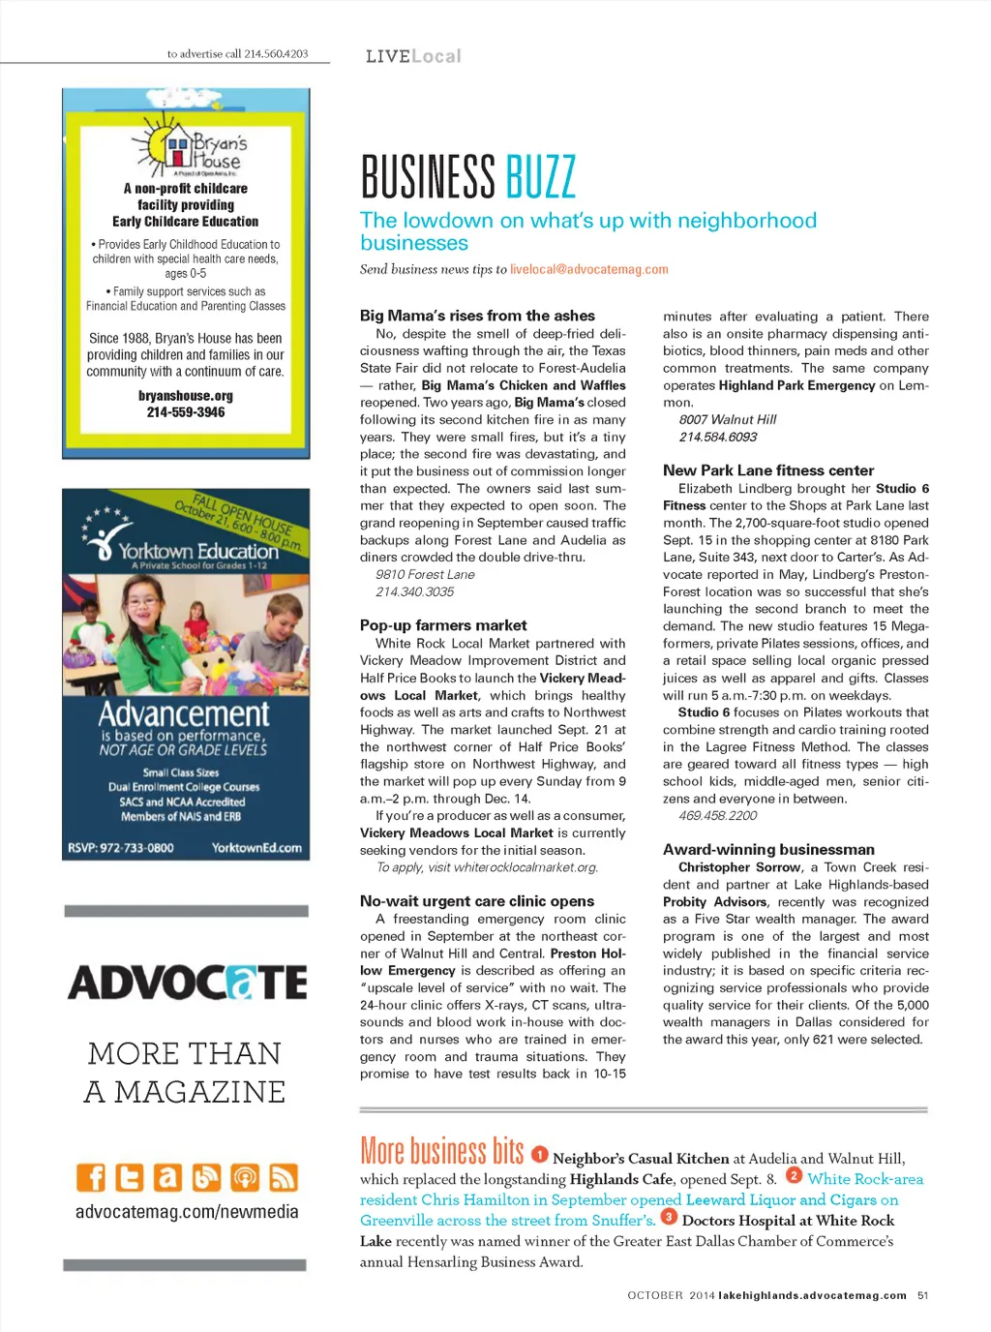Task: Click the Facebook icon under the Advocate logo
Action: point(91,1177)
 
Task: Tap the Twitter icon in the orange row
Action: point(129,1177)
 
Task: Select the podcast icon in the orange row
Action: point(245,1177)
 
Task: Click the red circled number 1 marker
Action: point(540,1154)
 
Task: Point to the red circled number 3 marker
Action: point(669,1216)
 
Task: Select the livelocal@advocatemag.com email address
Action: point(589,269)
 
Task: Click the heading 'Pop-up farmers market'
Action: point(443,625)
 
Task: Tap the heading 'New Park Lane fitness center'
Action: point(768,470)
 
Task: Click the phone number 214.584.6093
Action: point(718,437)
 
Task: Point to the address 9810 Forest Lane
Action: point(425,574)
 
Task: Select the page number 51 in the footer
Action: point(923,1295)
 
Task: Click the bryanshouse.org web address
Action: point(186,396)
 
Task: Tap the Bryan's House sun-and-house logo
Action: point(189,148)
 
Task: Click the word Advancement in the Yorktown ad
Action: point(184,713)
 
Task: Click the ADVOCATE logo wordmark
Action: point(187,983)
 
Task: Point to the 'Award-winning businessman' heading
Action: point(768,849)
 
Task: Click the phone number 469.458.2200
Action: point(718,816)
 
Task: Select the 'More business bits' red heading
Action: point(441,1151)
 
